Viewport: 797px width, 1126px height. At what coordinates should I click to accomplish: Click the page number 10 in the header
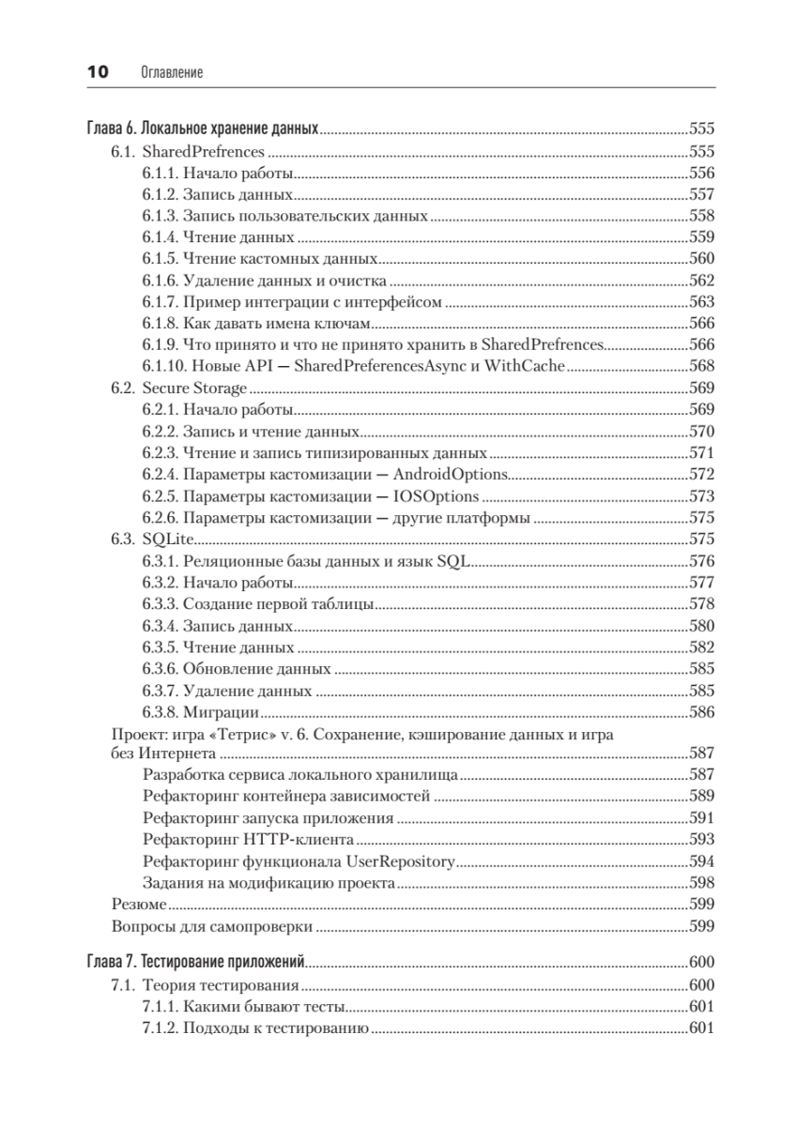[x=98, y=72]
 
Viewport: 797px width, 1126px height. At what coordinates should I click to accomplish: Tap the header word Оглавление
[x=171, y=72]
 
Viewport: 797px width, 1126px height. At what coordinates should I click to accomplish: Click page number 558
[x=702, y=216]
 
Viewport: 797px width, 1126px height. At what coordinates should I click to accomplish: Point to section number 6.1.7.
[x=161, y=302]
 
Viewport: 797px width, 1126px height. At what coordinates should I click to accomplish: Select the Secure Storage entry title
[x=194, y=388]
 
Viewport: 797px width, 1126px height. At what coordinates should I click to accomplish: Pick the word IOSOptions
[x=437, y=495]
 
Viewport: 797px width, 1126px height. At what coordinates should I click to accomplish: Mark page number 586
[x=702, y=711]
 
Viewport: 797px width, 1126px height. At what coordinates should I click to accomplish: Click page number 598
[x=702, y=882]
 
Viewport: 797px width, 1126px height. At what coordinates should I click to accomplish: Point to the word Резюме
[x=139, y=905]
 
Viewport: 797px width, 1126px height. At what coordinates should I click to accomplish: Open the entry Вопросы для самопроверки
[x=212, y=927]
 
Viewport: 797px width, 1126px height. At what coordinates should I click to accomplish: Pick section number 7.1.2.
[x=161, y=1029]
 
